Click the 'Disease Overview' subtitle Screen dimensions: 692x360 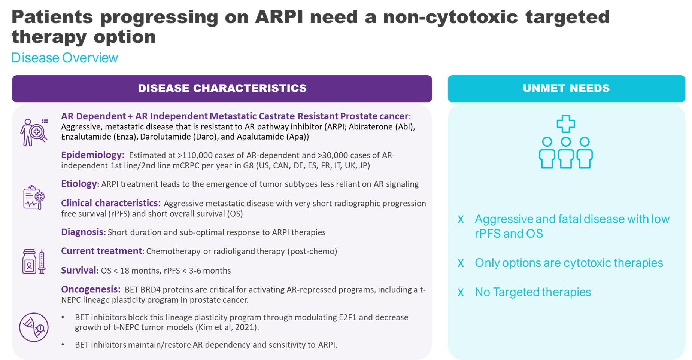pos(65,58)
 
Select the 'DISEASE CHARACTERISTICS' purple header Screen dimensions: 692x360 pos(222,89)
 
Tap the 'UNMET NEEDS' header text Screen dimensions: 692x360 pos(566,88)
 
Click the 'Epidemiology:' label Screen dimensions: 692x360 pos(92,155)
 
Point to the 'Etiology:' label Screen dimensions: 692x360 pos(80,184)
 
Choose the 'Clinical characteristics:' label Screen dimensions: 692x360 pos(111,203)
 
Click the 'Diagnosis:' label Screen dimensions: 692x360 pos(83,232)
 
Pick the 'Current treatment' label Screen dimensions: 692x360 pos(101,251)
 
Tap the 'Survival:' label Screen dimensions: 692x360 pos(80,270)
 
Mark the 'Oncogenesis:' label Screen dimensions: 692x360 pos(91,289)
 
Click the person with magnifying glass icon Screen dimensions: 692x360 pos(34,132)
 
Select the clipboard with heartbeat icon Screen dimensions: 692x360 pos(34,197)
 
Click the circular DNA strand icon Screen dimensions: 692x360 pos(34,327)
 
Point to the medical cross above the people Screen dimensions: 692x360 pos(565,124)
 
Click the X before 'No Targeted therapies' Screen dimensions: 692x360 pos(461,292)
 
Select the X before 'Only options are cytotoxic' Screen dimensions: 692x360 pos(461,263)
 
